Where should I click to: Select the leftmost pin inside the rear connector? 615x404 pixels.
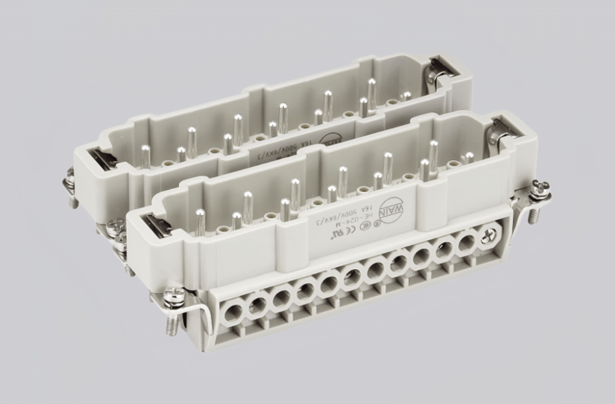coord(145,156)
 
